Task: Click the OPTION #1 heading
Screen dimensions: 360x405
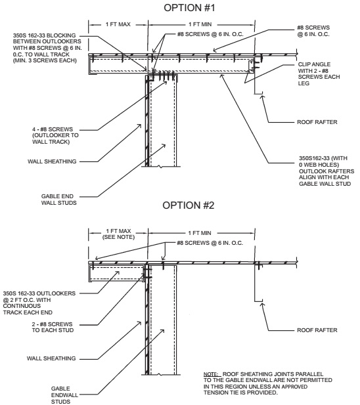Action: click(x=189, y=8)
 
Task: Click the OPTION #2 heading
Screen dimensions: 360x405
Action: click(x=189, y=205)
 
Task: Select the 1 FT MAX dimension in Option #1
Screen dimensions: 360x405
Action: click(x=118, y=24)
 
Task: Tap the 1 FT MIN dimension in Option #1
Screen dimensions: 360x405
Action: click(x=200, y=24)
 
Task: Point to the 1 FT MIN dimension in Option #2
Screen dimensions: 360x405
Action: click(x=200, y=233)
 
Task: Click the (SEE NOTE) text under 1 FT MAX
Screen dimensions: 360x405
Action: click(x=119, y=237)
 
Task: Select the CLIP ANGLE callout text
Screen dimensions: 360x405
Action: click(x=319, y=74)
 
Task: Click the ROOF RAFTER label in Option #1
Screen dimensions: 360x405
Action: click(x=317, y=122)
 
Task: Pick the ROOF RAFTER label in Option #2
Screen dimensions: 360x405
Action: click(x=317, y=330)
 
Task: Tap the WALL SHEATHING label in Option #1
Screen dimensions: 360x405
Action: click(x=52, y=161)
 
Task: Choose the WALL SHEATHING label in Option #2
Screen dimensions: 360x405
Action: click(x=51, y=358)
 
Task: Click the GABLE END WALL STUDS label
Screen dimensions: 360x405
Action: click(x=58, y=200)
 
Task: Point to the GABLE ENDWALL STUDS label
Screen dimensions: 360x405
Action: click(x=64, y=395)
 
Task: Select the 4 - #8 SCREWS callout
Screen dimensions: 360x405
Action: click(x=55, y=135)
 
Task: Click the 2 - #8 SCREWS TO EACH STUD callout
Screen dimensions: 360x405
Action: click(x=53, y=327)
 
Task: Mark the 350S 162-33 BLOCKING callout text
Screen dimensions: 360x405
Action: click(x=47, y=48)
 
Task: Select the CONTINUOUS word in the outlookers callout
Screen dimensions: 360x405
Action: click(x=22, y=306)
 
